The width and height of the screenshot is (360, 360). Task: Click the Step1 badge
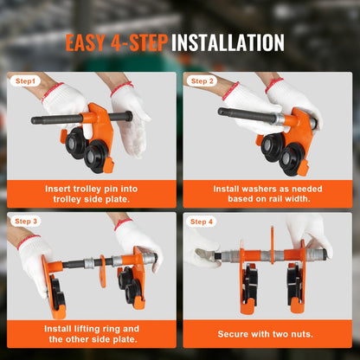(x=25, y=81)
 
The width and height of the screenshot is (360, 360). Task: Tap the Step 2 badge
(x=202, y=81)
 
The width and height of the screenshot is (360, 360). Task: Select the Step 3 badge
(x=26, y=222)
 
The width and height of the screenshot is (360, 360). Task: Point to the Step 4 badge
(x=202, y=222)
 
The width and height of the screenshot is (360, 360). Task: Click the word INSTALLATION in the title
(x=228, y=42)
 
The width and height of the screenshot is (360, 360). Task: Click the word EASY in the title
(x=85, y=42)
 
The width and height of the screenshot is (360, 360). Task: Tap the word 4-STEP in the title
(x=139, y=42)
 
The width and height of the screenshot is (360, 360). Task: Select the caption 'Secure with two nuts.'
(x=266, y=334)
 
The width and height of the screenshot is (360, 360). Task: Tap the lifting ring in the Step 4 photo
(x=272, y=245)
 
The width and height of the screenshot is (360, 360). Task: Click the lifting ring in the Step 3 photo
(x=103, y=271)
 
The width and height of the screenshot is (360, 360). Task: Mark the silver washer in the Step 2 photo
(x=279, y=119)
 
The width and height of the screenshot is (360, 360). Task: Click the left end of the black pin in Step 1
(x=33, y=120)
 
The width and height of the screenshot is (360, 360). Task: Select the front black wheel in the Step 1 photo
(x=96, y=157)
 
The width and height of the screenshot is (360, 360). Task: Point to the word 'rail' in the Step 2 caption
(x=274, y=199)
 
